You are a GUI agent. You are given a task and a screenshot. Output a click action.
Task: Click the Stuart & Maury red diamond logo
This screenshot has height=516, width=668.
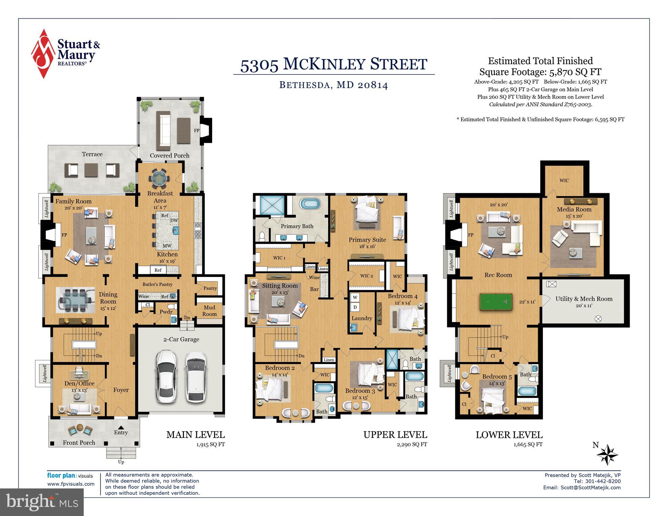coord(43,54)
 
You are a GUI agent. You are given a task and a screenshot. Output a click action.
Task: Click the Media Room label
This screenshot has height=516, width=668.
coord(574,209)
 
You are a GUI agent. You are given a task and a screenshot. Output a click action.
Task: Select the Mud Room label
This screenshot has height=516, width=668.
coord(209,311)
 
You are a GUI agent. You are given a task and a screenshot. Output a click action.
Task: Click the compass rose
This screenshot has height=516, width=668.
coord(607,455)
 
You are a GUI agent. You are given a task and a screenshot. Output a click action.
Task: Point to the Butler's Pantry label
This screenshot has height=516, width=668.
coord(157,284)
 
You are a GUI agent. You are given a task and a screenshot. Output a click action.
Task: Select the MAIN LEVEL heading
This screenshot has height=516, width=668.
coord(195,435)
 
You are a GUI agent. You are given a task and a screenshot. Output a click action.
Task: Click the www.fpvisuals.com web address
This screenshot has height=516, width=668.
coord(71,484)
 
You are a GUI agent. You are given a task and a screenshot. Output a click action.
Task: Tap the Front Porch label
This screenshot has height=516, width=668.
coord(79,443)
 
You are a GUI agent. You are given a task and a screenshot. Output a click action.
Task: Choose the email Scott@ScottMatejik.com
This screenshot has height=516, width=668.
coord(590,487)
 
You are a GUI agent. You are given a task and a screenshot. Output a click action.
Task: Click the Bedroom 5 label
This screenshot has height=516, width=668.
coord(497,376)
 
